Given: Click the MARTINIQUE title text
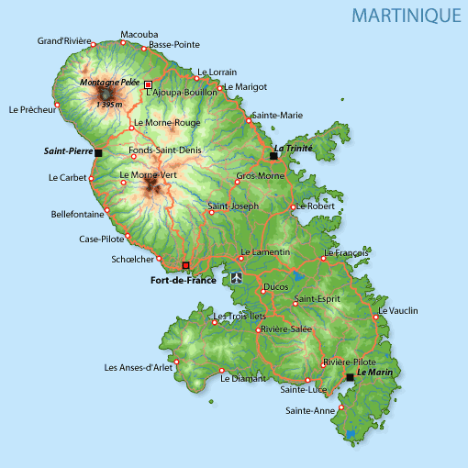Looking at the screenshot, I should [407, 16].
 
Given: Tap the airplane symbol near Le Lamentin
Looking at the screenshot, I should [239, 277].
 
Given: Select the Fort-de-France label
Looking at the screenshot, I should [183, 280].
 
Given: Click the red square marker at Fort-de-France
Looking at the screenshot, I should [185, 265].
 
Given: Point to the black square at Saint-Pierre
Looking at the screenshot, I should [98, 153].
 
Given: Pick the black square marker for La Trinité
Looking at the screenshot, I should [273, 156].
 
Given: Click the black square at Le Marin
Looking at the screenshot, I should [350, 377].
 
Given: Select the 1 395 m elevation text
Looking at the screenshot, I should [109, 105].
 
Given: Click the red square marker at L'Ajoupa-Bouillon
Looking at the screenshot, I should [149, 84].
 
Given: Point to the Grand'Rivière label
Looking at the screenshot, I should [64, 41].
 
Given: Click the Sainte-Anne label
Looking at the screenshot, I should [309, 410].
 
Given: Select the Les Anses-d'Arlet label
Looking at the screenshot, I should [138, 368].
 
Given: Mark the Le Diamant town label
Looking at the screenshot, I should [244, 378].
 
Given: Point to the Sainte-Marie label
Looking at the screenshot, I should [277, 115].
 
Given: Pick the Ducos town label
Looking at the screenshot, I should [275, 287].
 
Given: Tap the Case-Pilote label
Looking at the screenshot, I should [100, 240].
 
